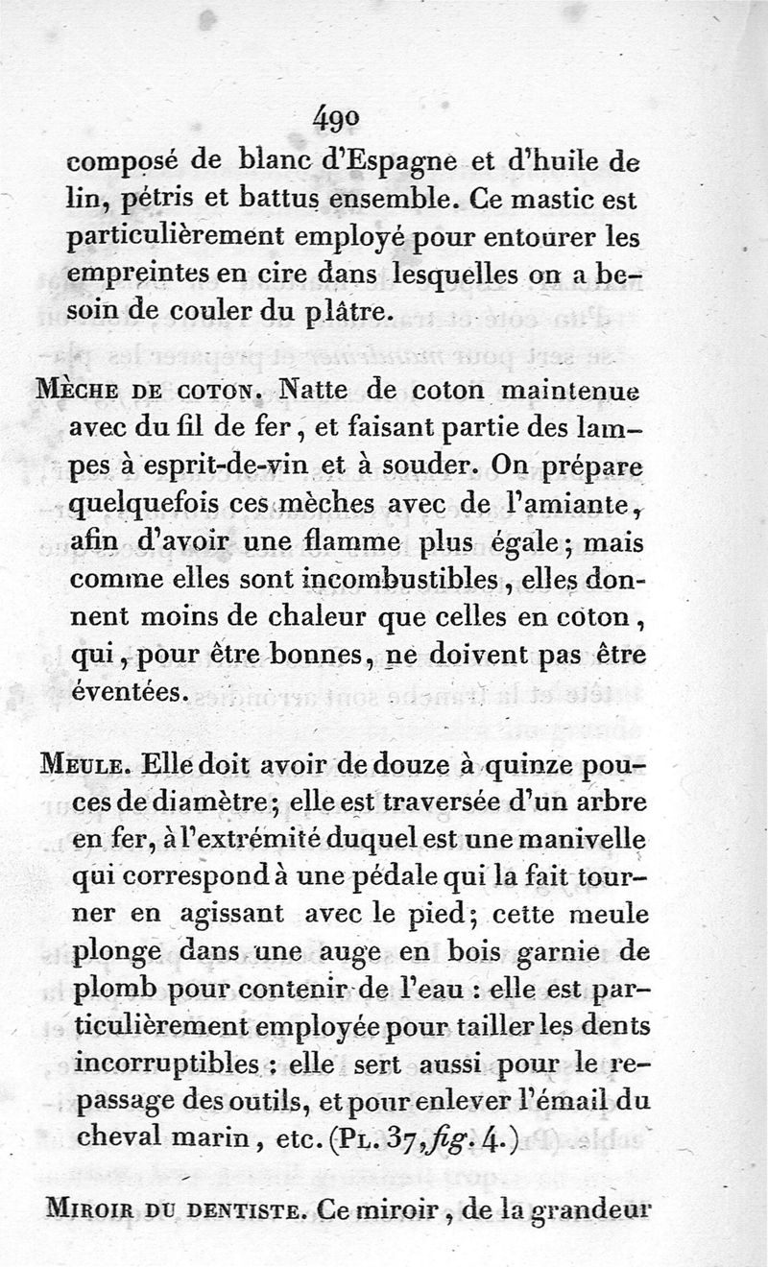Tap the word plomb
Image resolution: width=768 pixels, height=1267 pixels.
tap(112, 991)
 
